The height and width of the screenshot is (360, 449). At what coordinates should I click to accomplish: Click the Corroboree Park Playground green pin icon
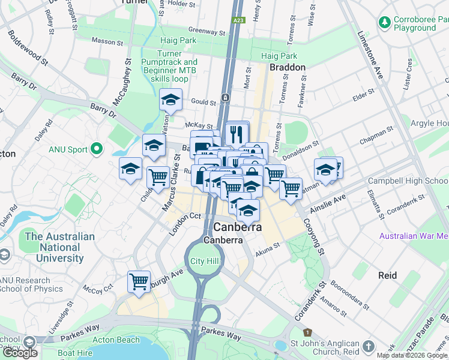(x=384, y=23)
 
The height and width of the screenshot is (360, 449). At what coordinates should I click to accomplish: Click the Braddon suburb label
(x=288, y=67)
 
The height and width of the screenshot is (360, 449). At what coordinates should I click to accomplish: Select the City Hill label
(x=205, y=261)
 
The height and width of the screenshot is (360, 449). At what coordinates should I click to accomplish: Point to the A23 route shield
(x=239, y=20)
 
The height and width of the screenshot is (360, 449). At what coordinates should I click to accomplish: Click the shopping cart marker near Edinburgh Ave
(x=139, y=281)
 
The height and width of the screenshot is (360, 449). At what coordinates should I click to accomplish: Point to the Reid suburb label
(x=387, y=275)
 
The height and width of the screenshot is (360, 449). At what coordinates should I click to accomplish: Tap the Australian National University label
(x=59, y=247)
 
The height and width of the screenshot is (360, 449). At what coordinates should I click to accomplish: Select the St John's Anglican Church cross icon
(x=368, y=347)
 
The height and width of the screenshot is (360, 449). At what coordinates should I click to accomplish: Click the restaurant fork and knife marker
(x=237, y=133)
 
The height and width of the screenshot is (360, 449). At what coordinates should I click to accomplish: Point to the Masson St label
(x=106, y=40)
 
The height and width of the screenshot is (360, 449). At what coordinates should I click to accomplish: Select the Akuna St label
(x=268, y=245)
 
